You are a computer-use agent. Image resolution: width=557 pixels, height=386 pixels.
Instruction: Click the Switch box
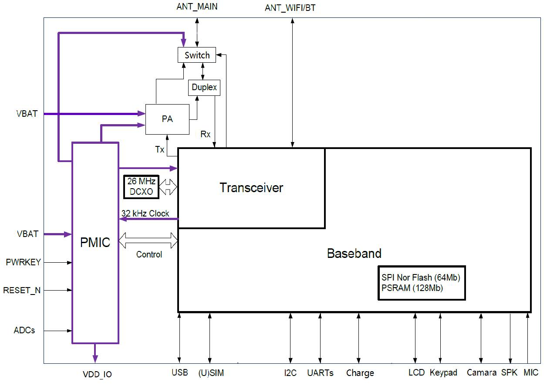[x=197, y=55]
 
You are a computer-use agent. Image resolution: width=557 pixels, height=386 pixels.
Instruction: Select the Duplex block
[x=204, y=87]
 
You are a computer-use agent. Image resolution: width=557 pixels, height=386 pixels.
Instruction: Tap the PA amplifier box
[x=167, y=119]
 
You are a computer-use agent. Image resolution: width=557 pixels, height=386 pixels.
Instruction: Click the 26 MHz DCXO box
[x=141, y=186]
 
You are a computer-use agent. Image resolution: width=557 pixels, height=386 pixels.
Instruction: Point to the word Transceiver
[x=251, y=188]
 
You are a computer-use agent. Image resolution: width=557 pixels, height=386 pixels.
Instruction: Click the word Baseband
[x=354, y=253]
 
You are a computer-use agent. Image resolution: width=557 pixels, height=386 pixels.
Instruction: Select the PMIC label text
[x=95, y=243]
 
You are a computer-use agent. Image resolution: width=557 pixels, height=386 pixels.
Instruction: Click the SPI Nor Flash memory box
[x=421, y=283]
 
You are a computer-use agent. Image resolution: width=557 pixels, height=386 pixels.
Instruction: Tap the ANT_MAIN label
[x=197, y=7]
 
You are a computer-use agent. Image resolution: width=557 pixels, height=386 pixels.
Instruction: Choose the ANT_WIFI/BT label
[x=290, y=8]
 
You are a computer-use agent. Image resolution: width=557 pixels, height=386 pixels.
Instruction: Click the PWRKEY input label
[x=23, y=262]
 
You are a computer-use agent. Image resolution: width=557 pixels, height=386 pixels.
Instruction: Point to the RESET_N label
[x=22, y=290]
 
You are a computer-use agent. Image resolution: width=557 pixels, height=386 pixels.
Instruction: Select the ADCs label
[x=24, y=331]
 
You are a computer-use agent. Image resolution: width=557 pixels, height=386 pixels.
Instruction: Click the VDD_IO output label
[x=97, y=374]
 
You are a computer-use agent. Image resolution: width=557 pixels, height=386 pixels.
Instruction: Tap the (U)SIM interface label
[x=211, y=373]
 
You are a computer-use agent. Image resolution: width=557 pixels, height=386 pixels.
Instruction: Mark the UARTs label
[x=320, y=373]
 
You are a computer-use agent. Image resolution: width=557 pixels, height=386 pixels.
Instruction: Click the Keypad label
[x=443, y=373]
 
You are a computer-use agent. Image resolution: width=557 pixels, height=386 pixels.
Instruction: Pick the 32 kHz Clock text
[x=145, y=213]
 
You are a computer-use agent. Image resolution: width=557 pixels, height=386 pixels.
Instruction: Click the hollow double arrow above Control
[x=149, y=240]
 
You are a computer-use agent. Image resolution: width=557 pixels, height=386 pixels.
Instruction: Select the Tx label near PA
[x=160, y=149]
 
